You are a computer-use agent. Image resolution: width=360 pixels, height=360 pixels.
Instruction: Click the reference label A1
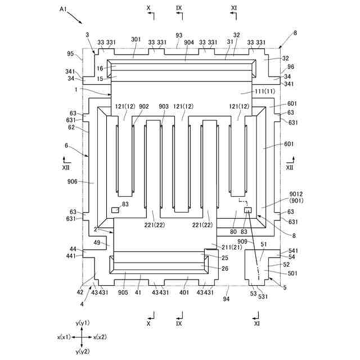(63, 10)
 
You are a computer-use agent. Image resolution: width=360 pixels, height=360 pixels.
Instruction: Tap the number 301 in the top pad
(136, 40)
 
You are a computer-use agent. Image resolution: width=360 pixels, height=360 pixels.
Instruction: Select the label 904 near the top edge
(189, 42)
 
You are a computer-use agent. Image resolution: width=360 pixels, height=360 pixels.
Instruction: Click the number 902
(144, 107)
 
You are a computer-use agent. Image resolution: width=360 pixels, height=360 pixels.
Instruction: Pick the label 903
(164, 107)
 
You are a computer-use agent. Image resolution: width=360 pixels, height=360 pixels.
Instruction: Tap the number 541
(292, 250)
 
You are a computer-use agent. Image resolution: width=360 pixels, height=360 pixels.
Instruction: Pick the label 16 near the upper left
(99, 69)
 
